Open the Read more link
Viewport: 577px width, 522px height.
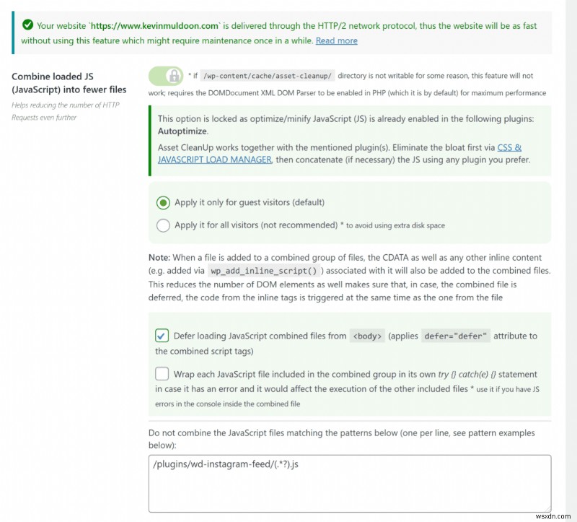coord(336,40)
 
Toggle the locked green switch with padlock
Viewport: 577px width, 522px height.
coord(166,75)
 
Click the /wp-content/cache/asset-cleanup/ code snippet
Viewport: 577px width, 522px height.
coord(266,76)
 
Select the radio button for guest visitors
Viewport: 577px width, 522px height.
coord(164,202)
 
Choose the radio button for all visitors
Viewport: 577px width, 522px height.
coord(164,225)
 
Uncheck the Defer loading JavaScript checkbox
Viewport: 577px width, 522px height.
coord(162,336)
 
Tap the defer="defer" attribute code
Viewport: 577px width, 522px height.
coord(456,336)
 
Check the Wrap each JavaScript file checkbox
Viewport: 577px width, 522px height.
coord(162,374)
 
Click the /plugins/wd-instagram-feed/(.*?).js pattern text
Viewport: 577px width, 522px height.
coord(225,464)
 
